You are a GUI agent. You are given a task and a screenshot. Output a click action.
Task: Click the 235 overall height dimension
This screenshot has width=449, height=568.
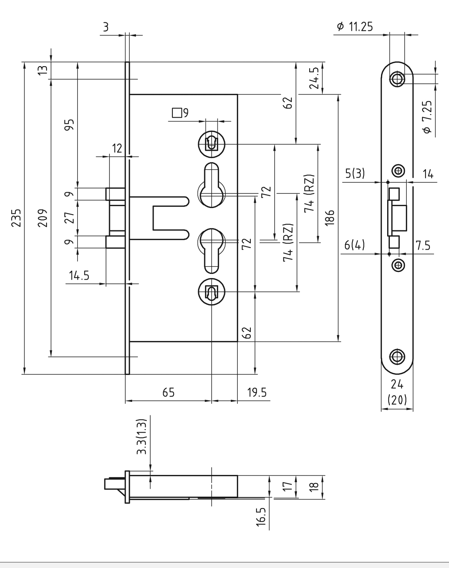click(x=17, y=218)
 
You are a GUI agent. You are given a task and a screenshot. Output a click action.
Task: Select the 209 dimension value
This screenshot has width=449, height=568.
click(x=43, y=218)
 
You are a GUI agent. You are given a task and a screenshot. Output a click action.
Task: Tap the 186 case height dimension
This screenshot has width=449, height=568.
click(x=330, y=218)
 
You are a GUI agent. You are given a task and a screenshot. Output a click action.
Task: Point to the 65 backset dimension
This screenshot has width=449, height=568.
click(x=169, y=393)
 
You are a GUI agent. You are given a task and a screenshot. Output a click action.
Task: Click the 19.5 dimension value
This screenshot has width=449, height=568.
click(x=257, y=393)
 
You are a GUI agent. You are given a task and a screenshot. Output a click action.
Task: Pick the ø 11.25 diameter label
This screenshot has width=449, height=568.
click(x=355, y=27)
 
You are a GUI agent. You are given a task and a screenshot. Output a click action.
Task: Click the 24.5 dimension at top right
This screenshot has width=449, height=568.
click(x=314, y=78)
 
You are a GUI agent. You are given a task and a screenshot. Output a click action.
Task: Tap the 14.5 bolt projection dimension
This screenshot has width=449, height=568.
click(x=79, y=276)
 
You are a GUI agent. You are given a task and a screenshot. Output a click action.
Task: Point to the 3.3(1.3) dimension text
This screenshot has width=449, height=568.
click(x=142, y=437)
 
